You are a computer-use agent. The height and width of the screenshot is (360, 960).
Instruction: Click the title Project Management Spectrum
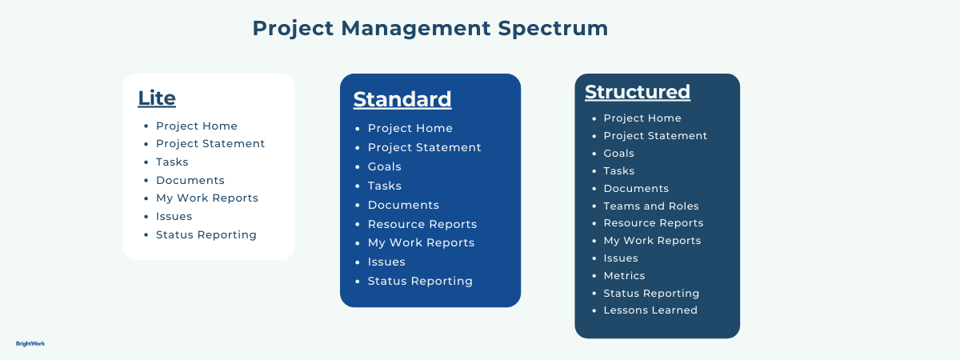(x=430, y=28)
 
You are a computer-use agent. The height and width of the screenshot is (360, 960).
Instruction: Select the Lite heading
(x=157, y=98)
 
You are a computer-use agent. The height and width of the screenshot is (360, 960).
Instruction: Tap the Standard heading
(x=402, y=99)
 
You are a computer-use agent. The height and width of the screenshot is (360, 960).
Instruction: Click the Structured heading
(x=637, y=92)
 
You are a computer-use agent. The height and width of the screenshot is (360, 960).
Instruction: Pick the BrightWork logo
(x=30, y=343)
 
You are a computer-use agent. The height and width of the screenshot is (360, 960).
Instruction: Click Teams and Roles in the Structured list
(x=650, y=206)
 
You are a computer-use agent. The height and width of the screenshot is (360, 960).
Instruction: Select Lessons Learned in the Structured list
(x=650, y=310)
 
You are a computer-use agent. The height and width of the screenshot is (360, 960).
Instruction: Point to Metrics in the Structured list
(x=624, y=275)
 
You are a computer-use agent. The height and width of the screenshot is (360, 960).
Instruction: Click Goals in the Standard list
(x=384, y=166)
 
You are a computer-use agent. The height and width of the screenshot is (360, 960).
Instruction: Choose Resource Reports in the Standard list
(x=422, y=224)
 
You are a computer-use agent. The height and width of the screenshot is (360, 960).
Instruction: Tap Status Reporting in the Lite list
(x=206, y=234)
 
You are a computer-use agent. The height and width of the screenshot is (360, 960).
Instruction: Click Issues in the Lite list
(x=174, y=216)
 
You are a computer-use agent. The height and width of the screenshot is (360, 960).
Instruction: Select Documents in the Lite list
(x=190, y=180)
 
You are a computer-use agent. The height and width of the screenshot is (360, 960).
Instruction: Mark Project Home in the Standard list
(x=410, y=128)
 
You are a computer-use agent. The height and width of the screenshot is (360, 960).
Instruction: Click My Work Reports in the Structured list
(x=652, y=241)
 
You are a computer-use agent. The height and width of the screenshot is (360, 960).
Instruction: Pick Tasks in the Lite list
(x=172, y=162)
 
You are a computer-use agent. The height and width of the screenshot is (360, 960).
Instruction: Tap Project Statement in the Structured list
(x=655, y=136)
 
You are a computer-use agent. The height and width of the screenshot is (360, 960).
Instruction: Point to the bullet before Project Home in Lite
(x=145, y=126)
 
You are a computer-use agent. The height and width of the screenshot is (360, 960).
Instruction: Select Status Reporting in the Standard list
(x=420, y=281)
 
